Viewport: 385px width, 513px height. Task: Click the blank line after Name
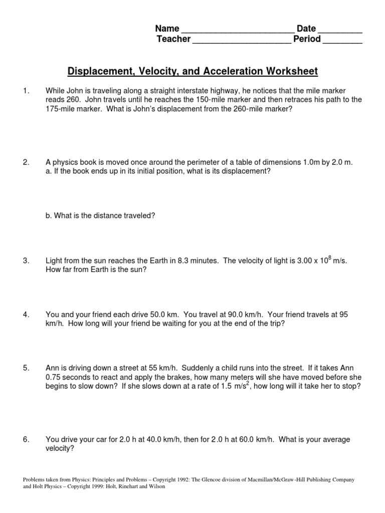click(237, 30)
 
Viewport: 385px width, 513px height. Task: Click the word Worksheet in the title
click(289, 72)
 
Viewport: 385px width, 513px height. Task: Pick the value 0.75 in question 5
click(54, 377)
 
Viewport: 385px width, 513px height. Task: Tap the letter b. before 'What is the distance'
click(48, 216)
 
